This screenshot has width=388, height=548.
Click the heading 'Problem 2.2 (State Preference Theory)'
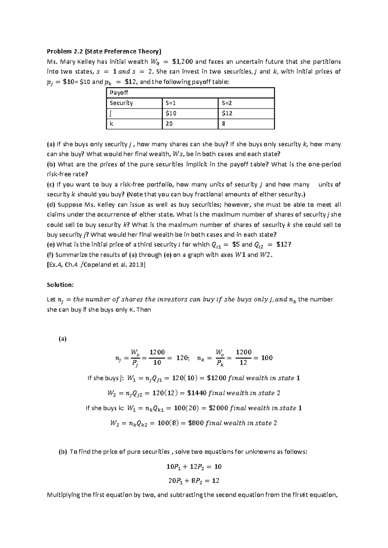click(x=104, y=51)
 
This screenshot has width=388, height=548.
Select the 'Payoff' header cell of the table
click(x=119, y=93)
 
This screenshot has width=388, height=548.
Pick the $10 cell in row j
click(x=171, y=113)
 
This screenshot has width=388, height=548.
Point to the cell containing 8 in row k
click(x=224, y=124)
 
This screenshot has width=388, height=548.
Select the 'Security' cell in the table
click(x=121, y=103)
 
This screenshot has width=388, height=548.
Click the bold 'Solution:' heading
click(x=60, y=285)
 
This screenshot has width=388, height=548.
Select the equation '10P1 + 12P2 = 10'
click(x=194, y=467)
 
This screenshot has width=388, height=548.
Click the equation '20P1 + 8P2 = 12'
click(x=194, y=481)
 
